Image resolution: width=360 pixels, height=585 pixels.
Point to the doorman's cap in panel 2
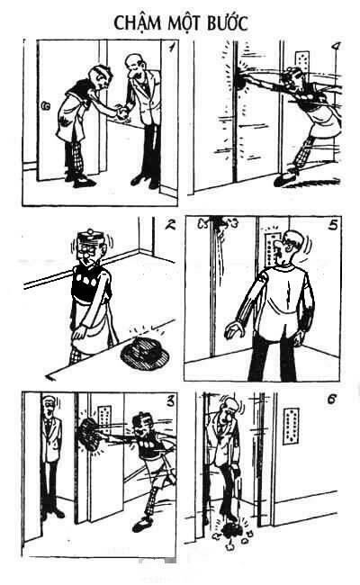(x=89, y=241)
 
